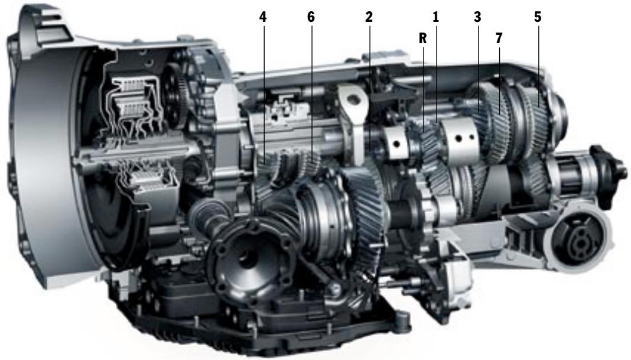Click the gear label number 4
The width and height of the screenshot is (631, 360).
click(263, 17)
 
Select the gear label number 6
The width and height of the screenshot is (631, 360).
click(311, 17)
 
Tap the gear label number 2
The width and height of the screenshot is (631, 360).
click(369, 17)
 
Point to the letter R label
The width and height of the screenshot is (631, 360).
click(422, 38)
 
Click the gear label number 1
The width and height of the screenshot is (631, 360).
click(435, 17)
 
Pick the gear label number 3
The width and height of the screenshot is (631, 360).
click(477, 17)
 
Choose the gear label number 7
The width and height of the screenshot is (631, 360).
click(499, 38)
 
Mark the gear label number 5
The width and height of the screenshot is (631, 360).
click(538, 17)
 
